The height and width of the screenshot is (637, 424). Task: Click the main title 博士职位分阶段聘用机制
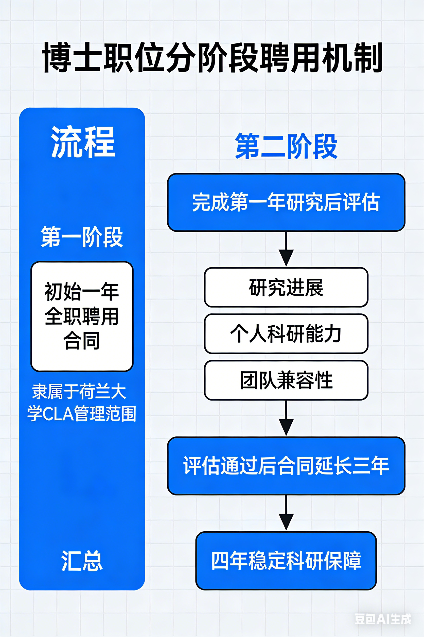[212, 57]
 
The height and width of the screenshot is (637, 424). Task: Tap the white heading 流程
[83, 142]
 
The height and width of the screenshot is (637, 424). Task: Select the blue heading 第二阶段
[286, 146]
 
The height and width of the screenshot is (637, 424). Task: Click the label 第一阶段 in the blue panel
[82, 237]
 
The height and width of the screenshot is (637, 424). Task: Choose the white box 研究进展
[286, 287]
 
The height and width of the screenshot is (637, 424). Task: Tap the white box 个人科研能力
[286, 334]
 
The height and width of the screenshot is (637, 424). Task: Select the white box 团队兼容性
[286, 380]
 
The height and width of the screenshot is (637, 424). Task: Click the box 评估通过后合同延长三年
[286, 466]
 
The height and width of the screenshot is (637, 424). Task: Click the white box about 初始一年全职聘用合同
[82, 316]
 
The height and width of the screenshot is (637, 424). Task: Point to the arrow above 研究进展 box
[286, 249]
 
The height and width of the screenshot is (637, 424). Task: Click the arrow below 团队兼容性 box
[286, 418]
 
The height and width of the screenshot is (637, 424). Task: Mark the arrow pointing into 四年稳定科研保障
[286, 513]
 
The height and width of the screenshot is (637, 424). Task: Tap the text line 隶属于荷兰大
[79, 391]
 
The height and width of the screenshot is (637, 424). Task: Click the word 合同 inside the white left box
[82, 340]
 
